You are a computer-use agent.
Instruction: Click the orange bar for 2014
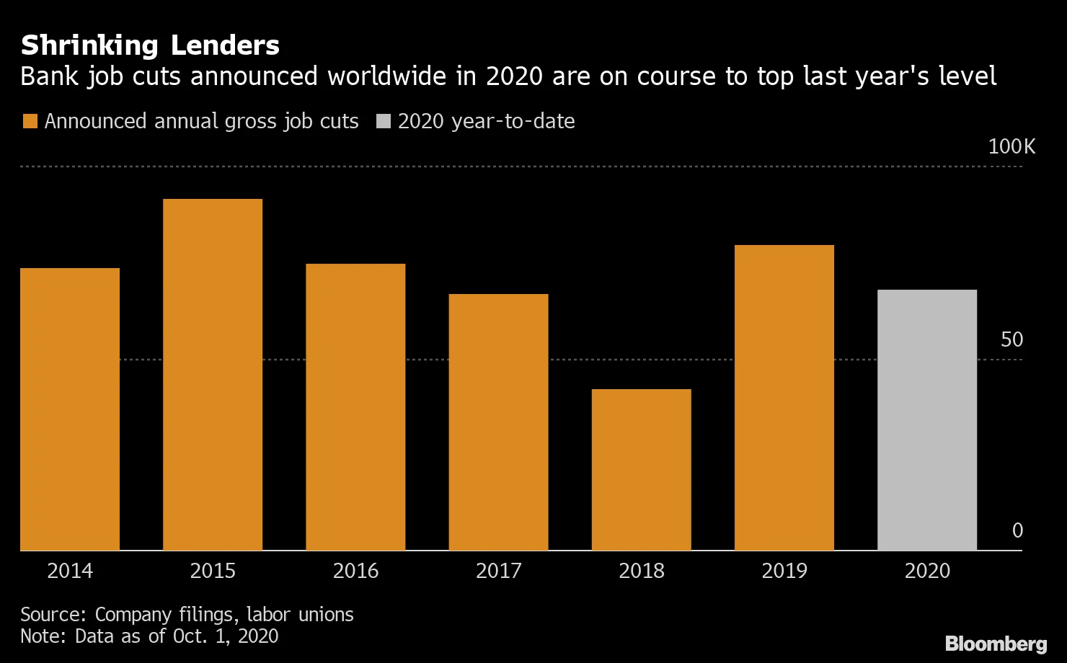pyautogui.click(x=70, y=409)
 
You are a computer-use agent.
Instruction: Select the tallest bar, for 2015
pyautogui.click(x=213, y=375)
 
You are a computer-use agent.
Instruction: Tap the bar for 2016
pyautogui.click(x=355, y=407)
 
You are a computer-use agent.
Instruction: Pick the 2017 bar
pyautogui.click(x=498, y=422)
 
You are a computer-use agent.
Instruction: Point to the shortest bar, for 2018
pyautogui.click(x=641, y=470)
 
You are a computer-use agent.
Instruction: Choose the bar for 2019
pyautogui.click(x=784, y=398)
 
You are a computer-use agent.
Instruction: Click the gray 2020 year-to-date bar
pyautogui.click(x=927, y=420)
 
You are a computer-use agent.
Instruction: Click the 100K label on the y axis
pyautogui.click(x=1011, y=147)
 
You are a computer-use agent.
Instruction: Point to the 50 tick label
pyautogui.click(x=1011, y=339)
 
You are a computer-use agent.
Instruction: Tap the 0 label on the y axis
pyautogui.click(x=1017, y=531)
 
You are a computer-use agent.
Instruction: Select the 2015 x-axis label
pyautogui.click(x=213, y=571)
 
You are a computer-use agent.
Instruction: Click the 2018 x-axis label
pyautogui.click(x=641, y=571)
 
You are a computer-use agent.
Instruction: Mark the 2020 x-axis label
pyautogui.click(x=927, y=571)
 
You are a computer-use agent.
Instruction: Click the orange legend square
pyautogui.click(x=30, y=121)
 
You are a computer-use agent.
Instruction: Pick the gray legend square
pyautogui.click(x=384, y=121)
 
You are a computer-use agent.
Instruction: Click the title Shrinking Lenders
pyautogui.click(x=150, y=45)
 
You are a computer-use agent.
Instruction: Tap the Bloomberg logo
pyautogui.click(x=996, y=643)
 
